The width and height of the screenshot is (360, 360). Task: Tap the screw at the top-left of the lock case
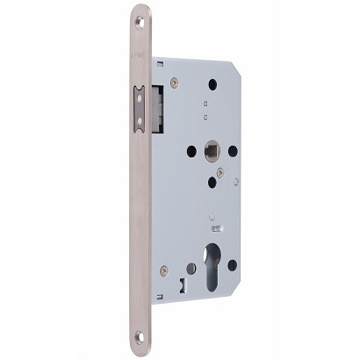click(174, 83)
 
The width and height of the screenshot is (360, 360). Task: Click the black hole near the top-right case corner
click(212, 84)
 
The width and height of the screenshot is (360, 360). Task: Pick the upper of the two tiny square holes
click(205, 102)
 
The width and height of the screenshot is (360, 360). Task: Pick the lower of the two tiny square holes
click(205, 116)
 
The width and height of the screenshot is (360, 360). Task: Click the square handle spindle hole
click(212, 150)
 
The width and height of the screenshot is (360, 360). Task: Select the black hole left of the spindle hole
click(191, 150)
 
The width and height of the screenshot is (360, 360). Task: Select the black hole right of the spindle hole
click(233, 150)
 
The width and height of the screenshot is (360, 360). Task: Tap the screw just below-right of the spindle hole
click(220, 172)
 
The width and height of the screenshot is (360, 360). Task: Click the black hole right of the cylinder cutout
click(233, 264)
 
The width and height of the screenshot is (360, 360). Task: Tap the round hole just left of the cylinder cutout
click(191, 269)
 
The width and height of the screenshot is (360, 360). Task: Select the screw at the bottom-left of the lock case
click(164, 270)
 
